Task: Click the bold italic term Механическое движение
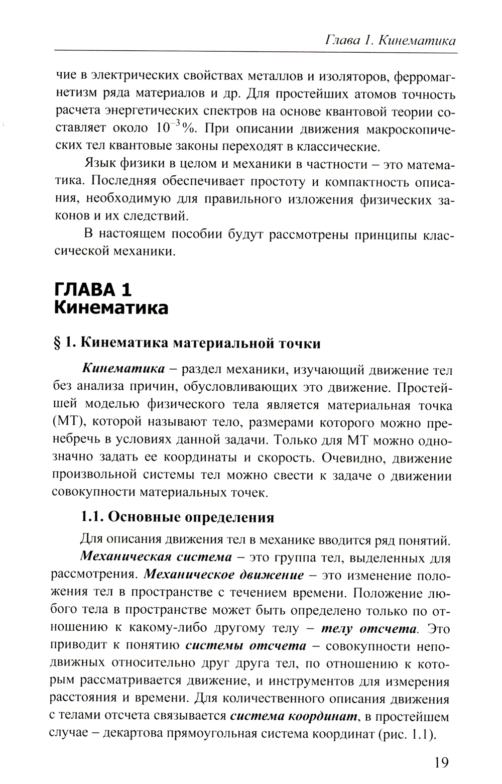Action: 223,575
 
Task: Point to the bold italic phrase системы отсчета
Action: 246,646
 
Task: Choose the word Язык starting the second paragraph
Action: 97,164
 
